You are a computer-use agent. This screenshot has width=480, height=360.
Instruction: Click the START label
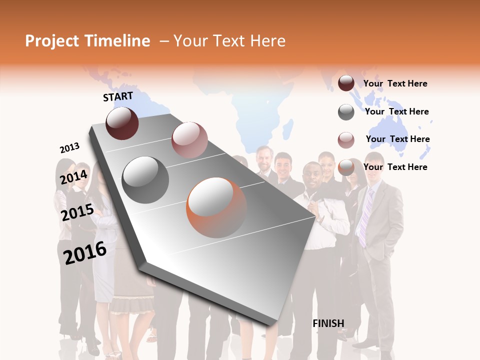[118, 96]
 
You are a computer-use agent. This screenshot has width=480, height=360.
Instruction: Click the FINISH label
[328, 323]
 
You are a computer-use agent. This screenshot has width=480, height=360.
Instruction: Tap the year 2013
[69, 148]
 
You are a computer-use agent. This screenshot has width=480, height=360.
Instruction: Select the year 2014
[74, 177]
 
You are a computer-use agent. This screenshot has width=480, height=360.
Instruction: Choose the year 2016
[85, 252]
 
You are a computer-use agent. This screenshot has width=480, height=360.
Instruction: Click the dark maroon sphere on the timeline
[122, 123]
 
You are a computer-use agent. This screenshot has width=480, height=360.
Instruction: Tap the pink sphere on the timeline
[189, 139]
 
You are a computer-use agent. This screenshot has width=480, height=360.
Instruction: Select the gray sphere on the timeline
[145, 179]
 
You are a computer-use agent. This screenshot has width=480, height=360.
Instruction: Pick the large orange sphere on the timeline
[216, 207]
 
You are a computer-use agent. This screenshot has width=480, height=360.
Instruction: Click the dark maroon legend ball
[346, 83]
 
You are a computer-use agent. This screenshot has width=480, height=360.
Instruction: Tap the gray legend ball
[346, 112]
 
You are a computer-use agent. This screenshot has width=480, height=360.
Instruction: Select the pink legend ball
[346, 140]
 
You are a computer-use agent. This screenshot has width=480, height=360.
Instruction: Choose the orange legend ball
[346, 167]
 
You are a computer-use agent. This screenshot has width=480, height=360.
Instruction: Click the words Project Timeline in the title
[87, 41]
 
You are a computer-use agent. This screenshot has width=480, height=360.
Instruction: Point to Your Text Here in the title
[229, 41]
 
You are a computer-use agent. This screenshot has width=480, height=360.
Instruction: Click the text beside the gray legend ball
[397, 111]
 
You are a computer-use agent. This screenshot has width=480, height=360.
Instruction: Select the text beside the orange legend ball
[395, 167]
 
